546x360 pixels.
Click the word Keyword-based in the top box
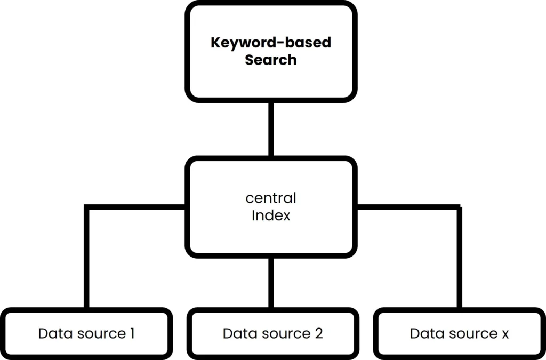pyautogui.click(x=271, y=43)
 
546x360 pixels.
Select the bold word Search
pyautogui.click(x=271, y=60)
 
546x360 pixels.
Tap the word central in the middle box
pyautogui.click(x=271, y=198)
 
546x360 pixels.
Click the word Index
pyautogui.click(x=271, y=216)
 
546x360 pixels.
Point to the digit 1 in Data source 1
pyautogui.click(x=131, y=334)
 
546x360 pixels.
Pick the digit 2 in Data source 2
pyautogui.click(x=318, y=334)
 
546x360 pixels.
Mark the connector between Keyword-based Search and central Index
pyautogui.click(x=271, y=129)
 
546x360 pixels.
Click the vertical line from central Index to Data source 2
pyautogui.click(x=271, y=283)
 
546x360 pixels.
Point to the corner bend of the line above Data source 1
pyautogui.click(x=86, y=207)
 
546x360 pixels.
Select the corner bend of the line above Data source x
pyautogui.click(x=459, y=207)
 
